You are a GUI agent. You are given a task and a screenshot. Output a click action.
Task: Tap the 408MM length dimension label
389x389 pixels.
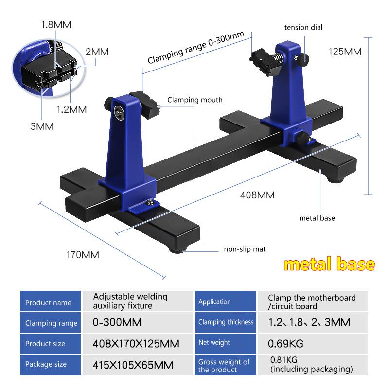click(x=257, y=195)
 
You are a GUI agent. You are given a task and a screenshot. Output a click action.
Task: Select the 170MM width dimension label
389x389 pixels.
click(x=83, y=254)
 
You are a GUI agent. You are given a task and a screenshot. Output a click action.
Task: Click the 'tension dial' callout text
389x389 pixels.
click(x=303, y=28)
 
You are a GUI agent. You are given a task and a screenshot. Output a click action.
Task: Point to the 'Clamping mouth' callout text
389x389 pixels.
click(x=194, y=100)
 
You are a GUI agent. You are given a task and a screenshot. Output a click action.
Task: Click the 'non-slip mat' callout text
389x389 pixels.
click(x=245, y=249)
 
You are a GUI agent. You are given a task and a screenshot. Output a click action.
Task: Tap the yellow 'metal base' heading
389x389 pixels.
click(x=329, y=264)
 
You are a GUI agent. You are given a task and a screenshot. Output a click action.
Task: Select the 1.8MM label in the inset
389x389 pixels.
click(x=55, y=23)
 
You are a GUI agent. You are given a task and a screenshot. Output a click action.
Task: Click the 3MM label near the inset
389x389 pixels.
click(x=42, y=126)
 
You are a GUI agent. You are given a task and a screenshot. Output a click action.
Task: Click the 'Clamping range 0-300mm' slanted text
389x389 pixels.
click(x=195, y=52)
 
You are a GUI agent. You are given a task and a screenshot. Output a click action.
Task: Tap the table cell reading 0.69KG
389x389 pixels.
click(x=285, y=344)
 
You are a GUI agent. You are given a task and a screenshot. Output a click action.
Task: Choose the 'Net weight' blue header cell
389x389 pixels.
click(x=214, y=343)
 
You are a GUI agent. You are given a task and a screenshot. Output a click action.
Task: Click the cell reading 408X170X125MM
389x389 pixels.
click(x=136, y=344)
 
